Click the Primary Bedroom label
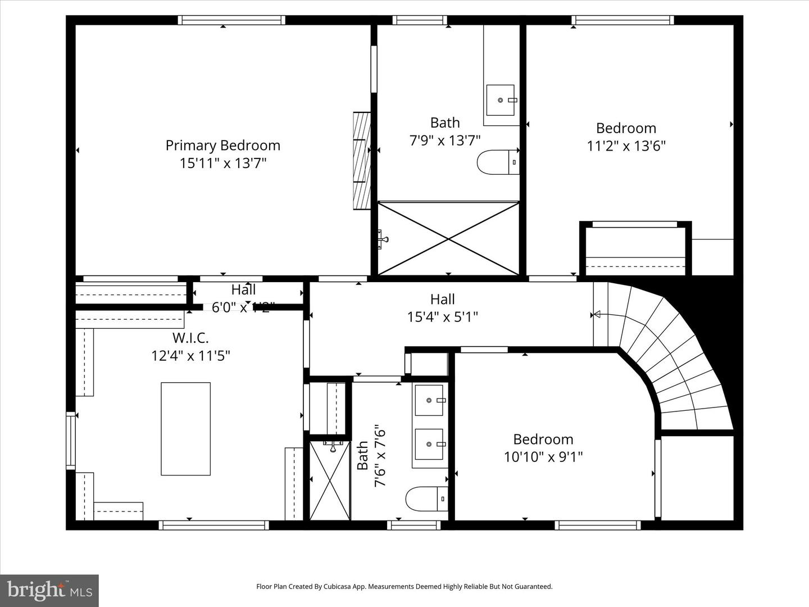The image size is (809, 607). click(222, 146)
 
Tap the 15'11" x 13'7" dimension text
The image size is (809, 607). click(222, 164)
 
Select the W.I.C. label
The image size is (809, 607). click(190, 338)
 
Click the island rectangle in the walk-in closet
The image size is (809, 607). click(186, 429)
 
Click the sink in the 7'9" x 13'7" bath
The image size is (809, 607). click(500, 100)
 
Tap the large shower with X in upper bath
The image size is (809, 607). click(448, 239)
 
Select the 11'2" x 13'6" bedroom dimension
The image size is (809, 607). click(626, 146)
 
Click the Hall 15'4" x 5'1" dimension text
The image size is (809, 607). click(442, 317)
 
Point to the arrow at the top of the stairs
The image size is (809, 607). click(597, 314)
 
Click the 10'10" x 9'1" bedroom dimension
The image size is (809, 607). click(543, 456)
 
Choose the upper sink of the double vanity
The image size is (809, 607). click(430, 400)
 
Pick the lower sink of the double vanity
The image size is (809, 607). click(430, 444)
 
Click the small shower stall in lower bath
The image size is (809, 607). click(330, 481)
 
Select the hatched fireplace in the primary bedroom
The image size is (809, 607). click(362, 161)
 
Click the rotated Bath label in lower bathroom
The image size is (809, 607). click(362, 455)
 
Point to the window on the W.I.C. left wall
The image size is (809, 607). click(70, 441)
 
